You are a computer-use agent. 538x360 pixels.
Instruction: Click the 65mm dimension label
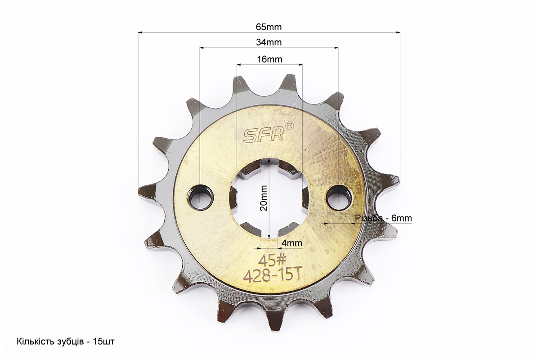point(269,27)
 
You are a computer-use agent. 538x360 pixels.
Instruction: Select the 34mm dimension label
point(269,42)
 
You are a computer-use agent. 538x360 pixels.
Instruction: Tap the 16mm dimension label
point(270,59)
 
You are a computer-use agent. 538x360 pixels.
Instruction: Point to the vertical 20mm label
point(264,198)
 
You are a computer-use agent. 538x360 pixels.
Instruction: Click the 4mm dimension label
point(291,243)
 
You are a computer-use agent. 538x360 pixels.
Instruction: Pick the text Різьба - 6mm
point(383,218)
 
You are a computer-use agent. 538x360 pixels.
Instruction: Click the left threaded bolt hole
point(200,198)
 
